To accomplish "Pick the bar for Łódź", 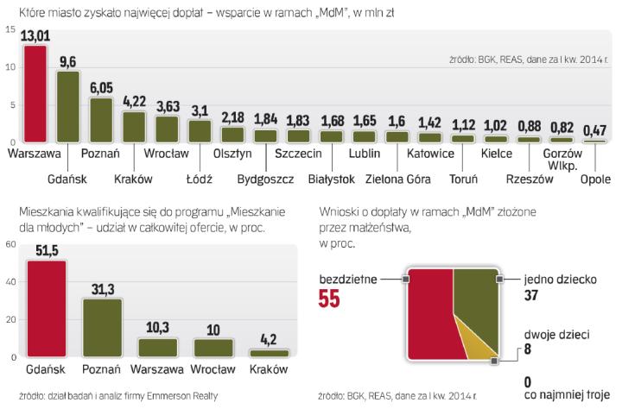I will click(200, 130).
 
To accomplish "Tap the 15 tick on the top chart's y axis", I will click(10, 30).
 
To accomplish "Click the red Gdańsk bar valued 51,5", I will click(47, 308).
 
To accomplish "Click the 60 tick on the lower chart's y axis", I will click(10, 244).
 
